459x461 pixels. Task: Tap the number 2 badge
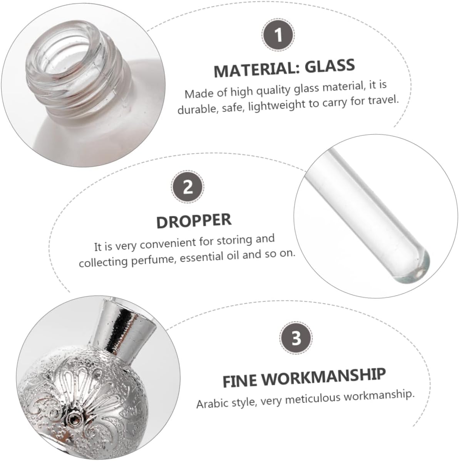pyautogui.click(x=188, y=187)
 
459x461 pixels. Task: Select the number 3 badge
pyautogui.click(x=296, y=339)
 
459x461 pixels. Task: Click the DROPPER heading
pyautogui.click(x=194, y=220)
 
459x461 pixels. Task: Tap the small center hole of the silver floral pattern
pyautogui.click(x=72, y=418)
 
